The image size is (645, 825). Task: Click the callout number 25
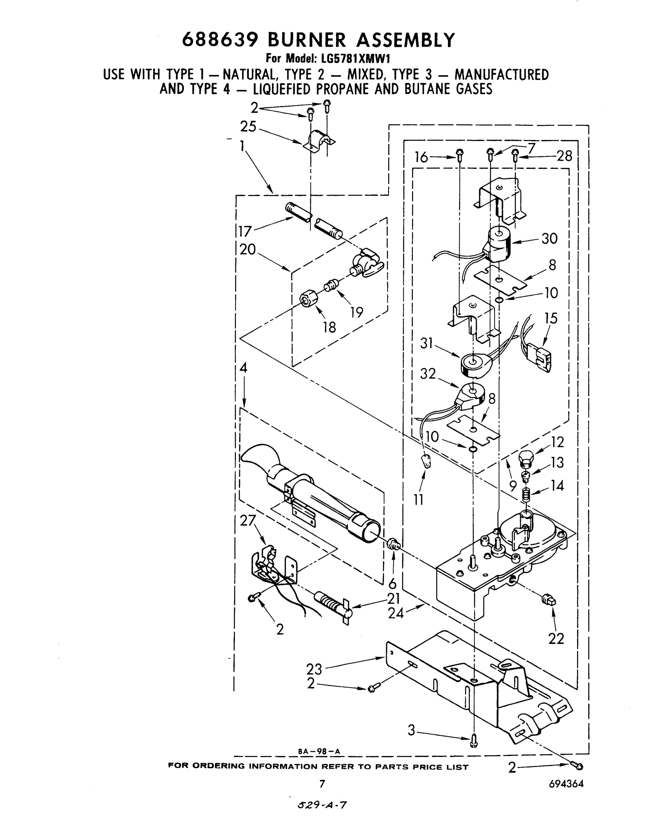248,126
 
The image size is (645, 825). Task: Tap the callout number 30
549,239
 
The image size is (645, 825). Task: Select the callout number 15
551,318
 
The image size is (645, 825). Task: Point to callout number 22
556,639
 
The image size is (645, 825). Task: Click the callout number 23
314,669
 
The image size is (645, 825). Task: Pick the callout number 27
248,520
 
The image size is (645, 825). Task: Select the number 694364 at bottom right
566,784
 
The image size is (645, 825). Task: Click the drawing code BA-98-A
319,752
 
